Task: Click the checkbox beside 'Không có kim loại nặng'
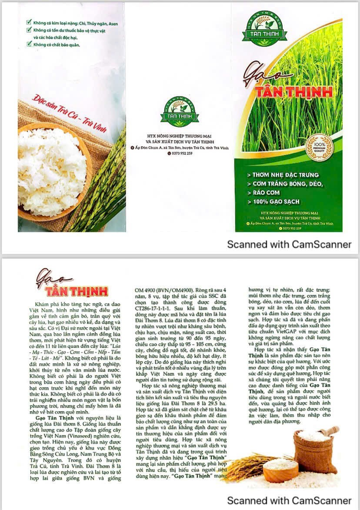tap(29, 23)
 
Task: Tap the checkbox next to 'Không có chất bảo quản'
tap(29, 44)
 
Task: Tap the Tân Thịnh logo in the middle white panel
tap(180, 112)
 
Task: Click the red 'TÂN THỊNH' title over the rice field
tap(293, 91)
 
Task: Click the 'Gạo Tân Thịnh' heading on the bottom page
tap(71, 285)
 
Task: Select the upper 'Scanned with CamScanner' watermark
tap(289, 244)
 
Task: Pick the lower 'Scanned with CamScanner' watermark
tap(289, 500)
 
